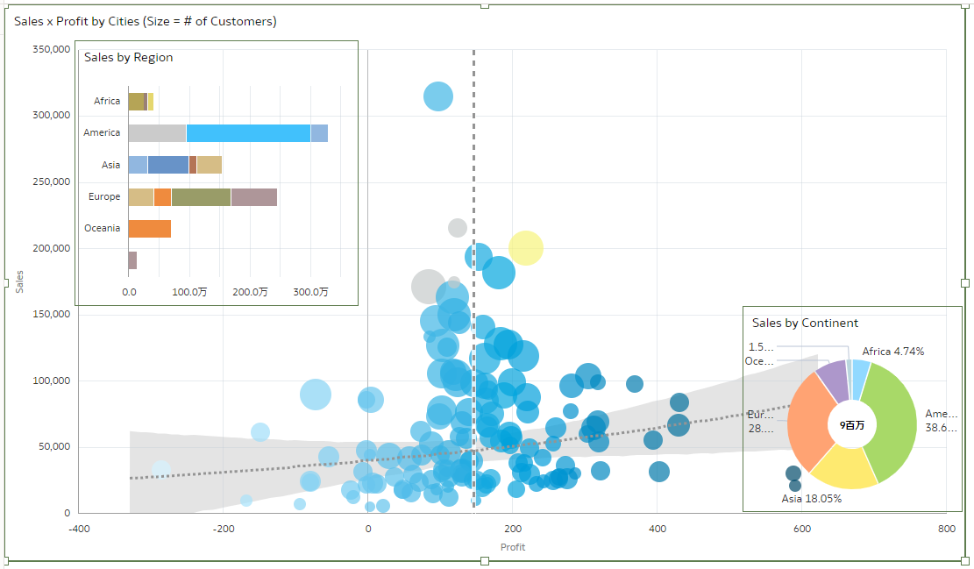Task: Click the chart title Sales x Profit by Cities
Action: click(146, 21)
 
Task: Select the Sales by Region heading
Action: click(128, 58)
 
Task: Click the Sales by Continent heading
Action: click(805, 324)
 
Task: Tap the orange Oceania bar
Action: click(149, 229)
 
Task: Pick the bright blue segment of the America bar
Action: click(248, 133)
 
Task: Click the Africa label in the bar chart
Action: click(107, 102)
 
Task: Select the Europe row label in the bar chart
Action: click(104, 197)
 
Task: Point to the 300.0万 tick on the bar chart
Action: click(310, 292)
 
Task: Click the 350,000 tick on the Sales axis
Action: click(50, 50)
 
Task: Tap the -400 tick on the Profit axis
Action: click(79, 529)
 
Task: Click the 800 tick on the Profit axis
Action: click(946, 529)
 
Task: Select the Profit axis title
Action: click(513, 547)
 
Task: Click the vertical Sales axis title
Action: click(19, 281)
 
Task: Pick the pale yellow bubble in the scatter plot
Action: click(525, 248)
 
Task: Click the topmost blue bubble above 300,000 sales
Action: click(437, 96)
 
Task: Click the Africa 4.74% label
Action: click(892, 352)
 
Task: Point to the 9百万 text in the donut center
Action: click(851, 425)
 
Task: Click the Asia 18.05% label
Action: click(811, 499)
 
